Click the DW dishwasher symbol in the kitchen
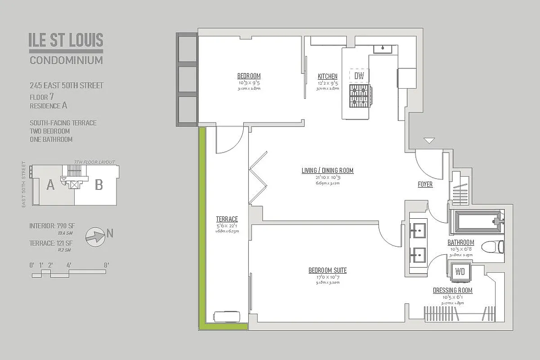[x=359, y=76]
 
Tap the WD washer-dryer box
[x=460, y=272]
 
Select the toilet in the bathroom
[x=492, y=247]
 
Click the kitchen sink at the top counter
[x=383, y=48]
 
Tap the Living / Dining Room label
[x=327, y=171]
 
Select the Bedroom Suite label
[x=327, y=270]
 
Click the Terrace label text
[x=227, y=219]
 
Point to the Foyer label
[x=425, y=184]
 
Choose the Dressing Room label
[x=452, y=291]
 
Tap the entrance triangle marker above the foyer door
[x=429, y=141]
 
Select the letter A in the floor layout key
[x=50, y=184]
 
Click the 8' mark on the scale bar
[x=106, y=265]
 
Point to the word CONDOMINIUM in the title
[x=66, y=60]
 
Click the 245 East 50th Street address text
[x=67, y=85]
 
